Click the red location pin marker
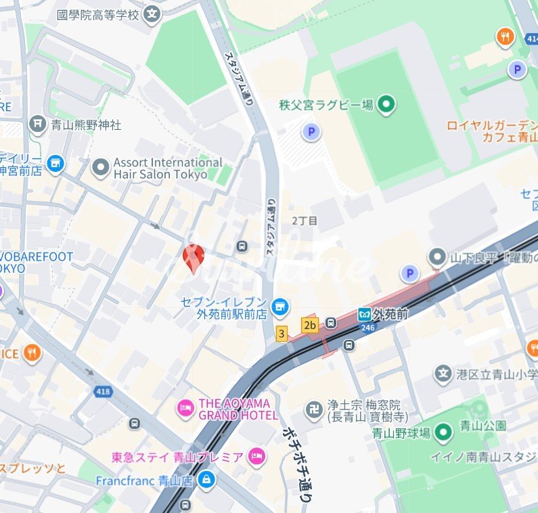click(194, 257)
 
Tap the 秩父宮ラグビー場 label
click(326, 105)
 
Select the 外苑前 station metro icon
click(365, 315)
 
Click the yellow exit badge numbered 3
click(282, 333)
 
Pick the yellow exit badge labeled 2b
click(310, 326)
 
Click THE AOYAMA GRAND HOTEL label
click(238, 409)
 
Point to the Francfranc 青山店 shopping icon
click(206, 481)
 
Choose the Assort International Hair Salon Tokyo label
click(167, 169)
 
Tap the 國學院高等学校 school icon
click(153, 13)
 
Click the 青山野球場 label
click(401, 434)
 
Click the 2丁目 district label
click(305, 221)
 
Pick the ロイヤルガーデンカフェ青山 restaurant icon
click(505, 37)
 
